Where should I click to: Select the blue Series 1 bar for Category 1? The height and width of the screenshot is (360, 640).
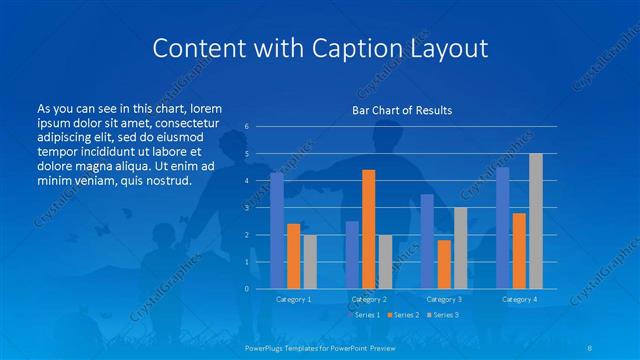[x=277, y=230]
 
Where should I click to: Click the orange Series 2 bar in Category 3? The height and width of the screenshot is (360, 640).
[x=443, y=264]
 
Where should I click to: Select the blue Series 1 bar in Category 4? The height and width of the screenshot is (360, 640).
[x=502, y=227]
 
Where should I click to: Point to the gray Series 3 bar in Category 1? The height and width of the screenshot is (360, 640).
[x=310, y=261]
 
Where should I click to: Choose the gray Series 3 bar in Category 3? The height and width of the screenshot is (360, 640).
[x=460, y=247]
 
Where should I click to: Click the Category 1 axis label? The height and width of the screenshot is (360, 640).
[x=293, y=299]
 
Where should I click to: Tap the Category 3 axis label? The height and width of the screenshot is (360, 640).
[x=443, y=299]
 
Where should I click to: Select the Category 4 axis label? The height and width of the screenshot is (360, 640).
[x=518, y=299]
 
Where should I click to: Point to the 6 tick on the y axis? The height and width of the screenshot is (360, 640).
[x=247, y=127]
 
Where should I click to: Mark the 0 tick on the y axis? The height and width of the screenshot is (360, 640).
[x=247, y=289]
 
